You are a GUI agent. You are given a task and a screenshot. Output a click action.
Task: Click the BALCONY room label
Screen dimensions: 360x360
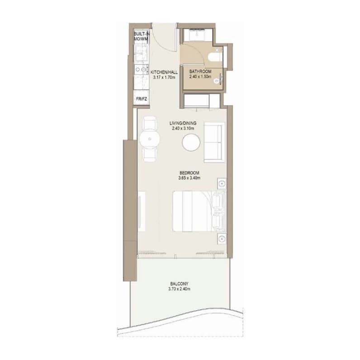[x=179, y=284]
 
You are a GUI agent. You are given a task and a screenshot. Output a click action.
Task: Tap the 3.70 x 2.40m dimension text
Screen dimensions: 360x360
[x=179, y=289]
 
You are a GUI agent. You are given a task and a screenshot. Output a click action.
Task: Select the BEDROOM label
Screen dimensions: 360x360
[x=189, y=173]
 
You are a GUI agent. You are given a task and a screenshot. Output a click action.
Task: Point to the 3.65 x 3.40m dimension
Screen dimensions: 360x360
[x=189, y=178]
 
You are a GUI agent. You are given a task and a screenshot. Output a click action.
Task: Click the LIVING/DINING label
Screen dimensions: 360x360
[x=183, y=123]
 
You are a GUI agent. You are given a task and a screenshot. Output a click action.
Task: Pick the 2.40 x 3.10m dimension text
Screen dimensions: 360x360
[x=183, y=128]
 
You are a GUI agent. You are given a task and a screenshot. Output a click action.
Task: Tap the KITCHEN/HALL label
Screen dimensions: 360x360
[x=164, y=72]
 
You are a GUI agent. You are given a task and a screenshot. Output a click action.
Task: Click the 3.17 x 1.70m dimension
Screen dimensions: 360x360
[x=164, y=77]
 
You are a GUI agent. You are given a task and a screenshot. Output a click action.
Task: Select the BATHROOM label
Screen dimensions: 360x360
[x=200, y=71]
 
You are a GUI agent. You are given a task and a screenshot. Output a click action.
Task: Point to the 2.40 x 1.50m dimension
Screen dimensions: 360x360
[x=200, y=76]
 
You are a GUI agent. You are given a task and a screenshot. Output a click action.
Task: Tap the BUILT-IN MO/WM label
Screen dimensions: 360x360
[x=141, y=37]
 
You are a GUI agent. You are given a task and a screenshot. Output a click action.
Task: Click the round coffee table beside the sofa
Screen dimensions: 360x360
[x=191, y=142]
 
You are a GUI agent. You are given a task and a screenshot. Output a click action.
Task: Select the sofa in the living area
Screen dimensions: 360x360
[x=214, y=142]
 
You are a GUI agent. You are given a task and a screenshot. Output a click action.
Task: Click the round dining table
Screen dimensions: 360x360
[x=149, y=139]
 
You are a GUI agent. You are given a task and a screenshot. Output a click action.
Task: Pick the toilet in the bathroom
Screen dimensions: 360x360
[x=215, y=56]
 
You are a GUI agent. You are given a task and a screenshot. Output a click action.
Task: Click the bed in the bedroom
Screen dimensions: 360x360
[x=199, y=211]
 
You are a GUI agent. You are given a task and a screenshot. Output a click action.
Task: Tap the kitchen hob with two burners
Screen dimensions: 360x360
[x=141, y=69]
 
